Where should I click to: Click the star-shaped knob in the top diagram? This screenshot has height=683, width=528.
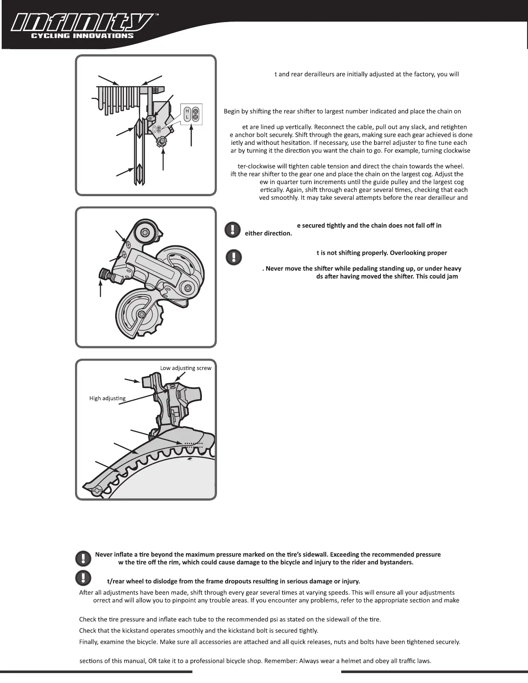point(162,141)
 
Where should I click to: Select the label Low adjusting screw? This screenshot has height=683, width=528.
point(185,368)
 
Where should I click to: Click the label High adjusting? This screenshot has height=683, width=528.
point(107,398)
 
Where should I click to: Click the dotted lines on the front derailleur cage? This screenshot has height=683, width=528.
point(193,445)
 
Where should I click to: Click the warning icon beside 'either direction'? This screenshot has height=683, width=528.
point(232,229)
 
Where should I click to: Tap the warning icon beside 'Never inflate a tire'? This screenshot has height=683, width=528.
point(83,558)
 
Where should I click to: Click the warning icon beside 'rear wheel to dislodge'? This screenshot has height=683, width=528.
point(83,577)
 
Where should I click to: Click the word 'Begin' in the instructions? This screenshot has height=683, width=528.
point(232,112)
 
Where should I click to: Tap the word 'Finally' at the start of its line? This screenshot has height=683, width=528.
point(89,642)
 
